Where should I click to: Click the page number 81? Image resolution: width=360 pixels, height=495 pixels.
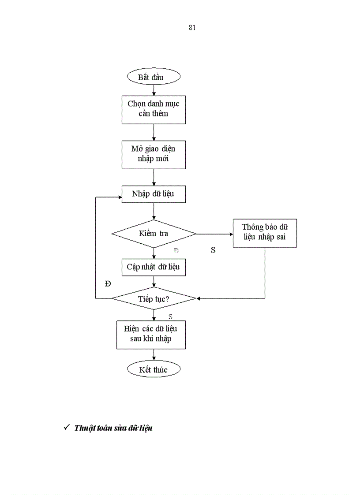192,27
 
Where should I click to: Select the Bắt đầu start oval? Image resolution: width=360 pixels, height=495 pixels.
154,77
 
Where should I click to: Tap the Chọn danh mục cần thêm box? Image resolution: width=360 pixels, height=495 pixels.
154,109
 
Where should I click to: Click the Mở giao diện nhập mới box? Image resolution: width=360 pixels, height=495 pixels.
154,154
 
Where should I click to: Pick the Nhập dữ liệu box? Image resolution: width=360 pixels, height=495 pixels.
154,194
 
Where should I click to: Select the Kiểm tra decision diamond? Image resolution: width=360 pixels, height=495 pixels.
154,233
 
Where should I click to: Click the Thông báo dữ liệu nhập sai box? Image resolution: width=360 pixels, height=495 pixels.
265,233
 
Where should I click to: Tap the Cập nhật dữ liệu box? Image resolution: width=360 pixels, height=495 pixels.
154,267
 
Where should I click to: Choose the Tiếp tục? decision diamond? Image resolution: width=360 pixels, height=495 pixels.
154,299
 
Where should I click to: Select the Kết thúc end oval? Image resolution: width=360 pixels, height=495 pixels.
154,369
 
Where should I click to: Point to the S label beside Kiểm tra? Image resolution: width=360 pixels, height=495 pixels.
213,250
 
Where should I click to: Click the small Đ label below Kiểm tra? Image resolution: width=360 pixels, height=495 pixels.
176,250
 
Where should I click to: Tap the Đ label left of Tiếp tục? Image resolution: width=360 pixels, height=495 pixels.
108,284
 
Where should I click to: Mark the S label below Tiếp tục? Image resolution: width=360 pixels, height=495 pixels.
170,316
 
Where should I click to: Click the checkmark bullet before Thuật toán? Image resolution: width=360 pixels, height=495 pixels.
67,428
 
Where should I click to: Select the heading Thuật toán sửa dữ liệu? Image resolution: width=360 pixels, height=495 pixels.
113,428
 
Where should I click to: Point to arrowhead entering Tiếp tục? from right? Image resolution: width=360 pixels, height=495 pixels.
199,299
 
